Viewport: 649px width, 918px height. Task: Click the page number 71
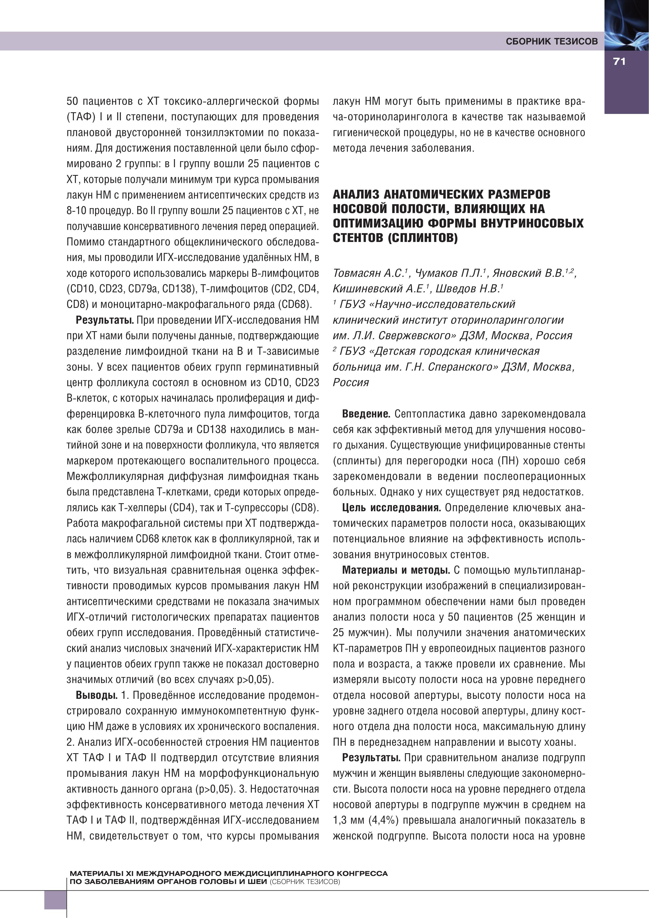pyautogui.click(x=619, y=62)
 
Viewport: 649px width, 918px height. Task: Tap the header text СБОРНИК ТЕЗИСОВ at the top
pyautogui.click(x=551, y=42)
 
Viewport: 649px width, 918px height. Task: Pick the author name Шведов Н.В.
pyautogui.click(x=468, y=289)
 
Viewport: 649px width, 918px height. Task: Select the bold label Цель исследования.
pyautogui.click(x=391, y=508)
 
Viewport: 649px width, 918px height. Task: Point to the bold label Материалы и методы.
pyautogui.click(x=396, y=570)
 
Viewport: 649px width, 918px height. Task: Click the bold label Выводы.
pyautogui.click(x=96, y=695)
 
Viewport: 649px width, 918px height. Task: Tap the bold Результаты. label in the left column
pyautogui.click(x=105, y=320)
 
